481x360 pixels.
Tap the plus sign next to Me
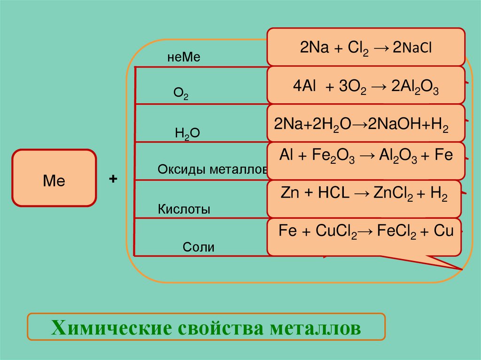(x=113, y=179)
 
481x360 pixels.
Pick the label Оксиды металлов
(x=213, y=169)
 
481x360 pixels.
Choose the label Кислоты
(x=184, y=209)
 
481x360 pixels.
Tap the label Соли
(x=199, y=247)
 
